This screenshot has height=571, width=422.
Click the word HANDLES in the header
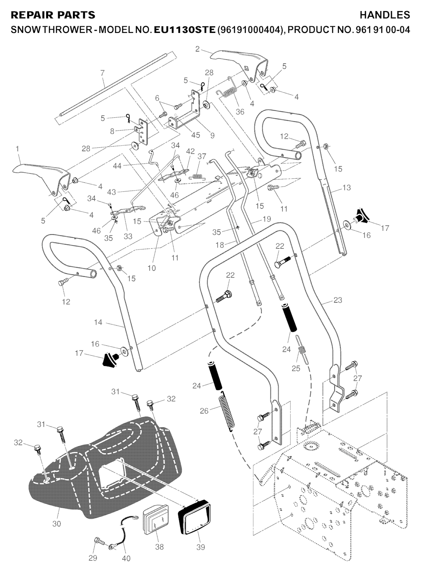click(x=385, y=15)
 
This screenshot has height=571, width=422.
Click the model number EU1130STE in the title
click(x=184, y=30)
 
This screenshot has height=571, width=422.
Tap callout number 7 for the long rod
click(x=103, y=73)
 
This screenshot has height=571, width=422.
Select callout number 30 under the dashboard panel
click(x=56, y=524)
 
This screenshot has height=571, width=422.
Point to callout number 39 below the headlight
click(x=201, y=547)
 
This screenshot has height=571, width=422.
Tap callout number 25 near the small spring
click(x=296, y=368)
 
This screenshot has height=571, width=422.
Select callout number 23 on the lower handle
click(x=338, y=300)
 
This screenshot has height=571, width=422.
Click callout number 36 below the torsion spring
click(x=240, y=112)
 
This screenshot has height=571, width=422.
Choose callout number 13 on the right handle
click(x=347, y=188)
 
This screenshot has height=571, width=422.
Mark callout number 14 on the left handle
click(x=98, y=322)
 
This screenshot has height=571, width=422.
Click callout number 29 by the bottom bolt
click(x=93, y=558)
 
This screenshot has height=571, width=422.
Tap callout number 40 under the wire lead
click(x=126, y=559)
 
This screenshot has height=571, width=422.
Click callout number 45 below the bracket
click(x=184, y=135)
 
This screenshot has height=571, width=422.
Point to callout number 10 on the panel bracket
click(x=152, y=268)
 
